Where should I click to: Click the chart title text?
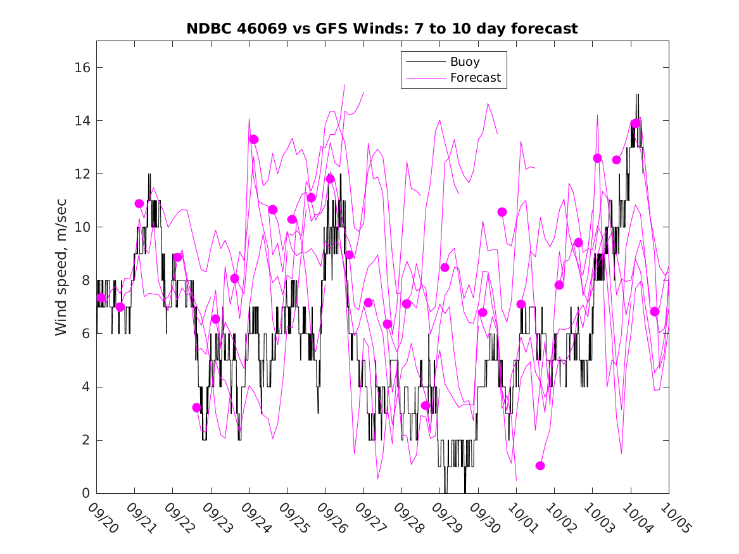click(382, 28)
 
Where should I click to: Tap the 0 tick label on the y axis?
click(86, 493)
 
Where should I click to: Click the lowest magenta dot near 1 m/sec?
click(540, 465)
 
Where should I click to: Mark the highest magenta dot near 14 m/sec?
click(636, 123)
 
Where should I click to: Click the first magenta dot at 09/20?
click(101, 298)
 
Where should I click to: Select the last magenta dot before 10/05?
click(655, 312)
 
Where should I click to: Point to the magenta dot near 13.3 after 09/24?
click(254, 139)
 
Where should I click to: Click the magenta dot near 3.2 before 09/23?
click(197, 408)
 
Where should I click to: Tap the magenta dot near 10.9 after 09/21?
click(139, 203)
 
